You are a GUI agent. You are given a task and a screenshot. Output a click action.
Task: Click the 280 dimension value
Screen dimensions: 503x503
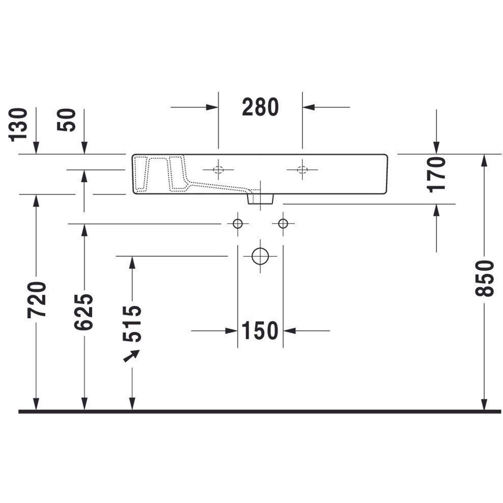[x=260, y=107]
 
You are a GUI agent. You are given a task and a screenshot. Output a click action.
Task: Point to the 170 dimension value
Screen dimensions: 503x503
[x=437, y=175]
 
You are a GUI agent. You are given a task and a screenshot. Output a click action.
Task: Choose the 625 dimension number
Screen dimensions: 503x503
[x=83, y=312]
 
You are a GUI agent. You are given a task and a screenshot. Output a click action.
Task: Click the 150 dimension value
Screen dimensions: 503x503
[x=260, y=331]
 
